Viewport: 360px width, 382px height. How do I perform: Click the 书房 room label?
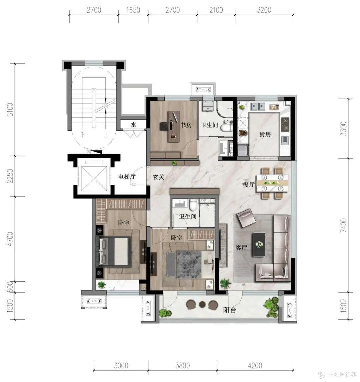(186, 125)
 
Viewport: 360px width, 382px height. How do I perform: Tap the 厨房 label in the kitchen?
(265, 134)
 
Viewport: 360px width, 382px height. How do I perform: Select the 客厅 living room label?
(241, 248)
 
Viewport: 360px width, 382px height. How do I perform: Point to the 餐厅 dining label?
(248, 184)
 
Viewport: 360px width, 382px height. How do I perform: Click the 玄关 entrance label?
(159, 177)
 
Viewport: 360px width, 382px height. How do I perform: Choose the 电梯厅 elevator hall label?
(127, 176)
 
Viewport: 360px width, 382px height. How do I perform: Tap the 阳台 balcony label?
(230, 310)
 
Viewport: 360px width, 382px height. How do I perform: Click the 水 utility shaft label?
(133, 125)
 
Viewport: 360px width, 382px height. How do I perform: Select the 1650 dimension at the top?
(133, 10)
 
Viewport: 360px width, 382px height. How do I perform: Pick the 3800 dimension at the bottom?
(183, 365)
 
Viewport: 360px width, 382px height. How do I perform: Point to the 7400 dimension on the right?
(343, 225)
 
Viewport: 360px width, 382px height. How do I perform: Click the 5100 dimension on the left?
(10, 109)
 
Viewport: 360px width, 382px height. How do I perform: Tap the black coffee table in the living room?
(259, 244)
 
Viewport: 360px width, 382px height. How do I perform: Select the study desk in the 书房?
(173, 126)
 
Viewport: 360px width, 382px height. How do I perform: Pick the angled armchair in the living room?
(246, 218)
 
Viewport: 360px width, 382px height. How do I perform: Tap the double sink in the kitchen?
(258, 106)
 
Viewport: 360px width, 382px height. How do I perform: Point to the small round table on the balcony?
(202, 304)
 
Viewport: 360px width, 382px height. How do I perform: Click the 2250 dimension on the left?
(10, 176)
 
